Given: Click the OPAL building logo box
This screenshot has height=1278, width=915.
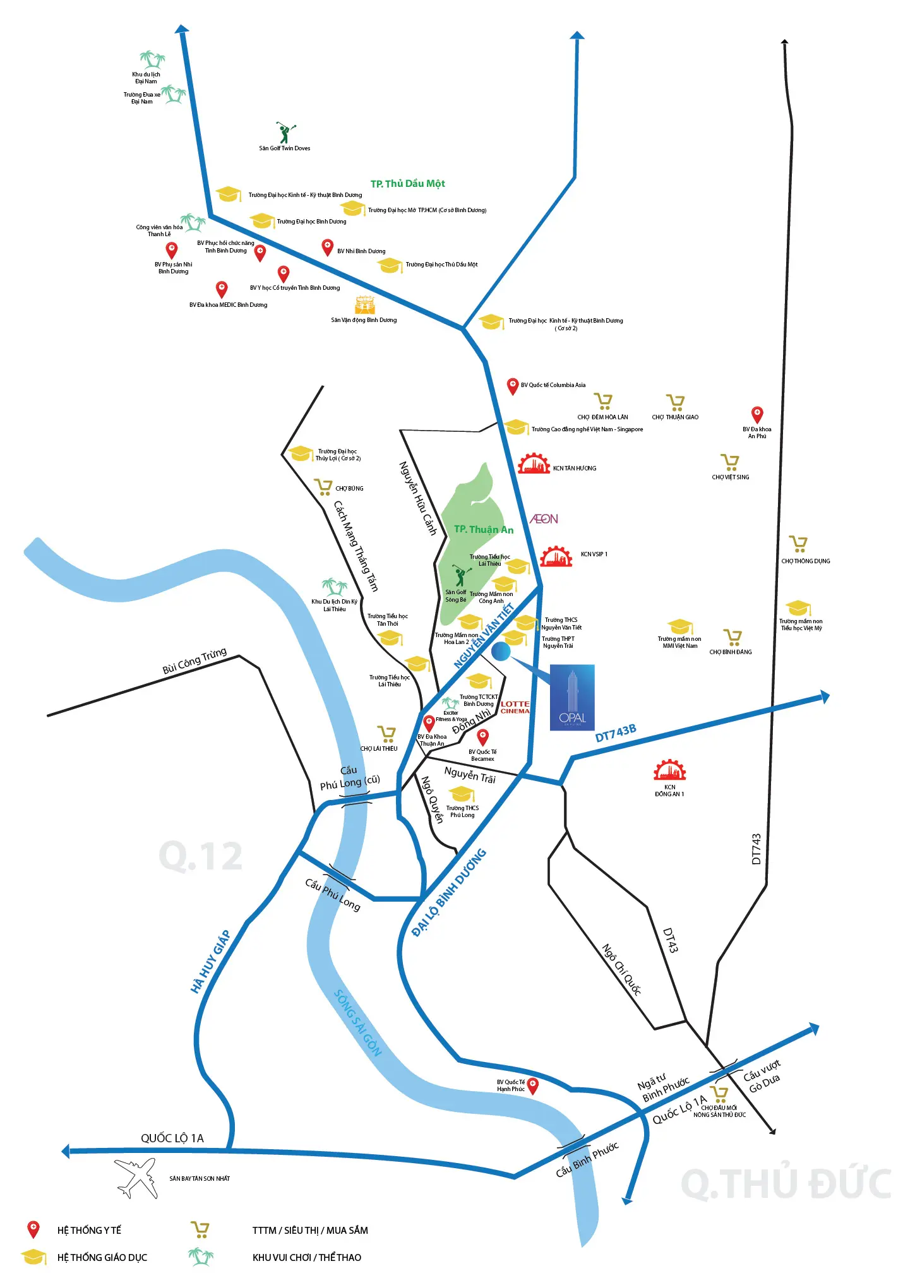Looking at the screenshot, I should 572,697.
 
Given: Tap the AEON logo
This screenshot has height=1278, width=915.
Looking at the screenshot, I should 544,519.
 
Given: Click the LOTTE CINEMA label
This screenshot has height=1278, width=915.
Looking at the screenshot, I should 515,707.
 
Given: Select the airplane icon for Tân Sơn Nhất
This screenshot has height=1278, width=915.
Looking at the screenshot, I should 136,1177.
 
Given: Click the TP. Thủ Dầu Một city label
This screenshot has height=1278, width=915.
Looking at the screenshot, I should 407,184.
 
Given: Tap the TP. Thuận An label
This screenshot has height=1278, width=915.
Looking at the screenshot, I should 484,530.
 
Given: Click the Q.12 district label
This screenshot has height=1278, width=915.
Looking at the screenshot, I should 201,856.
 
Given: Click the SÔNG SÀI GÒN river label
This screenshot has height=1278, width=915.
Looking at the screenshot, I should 358,1023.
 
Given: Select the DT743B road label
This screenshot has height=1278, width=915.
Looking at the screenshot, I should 616,733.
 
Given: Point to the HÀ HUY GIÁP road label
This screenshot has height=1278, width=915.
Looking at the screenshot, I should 210,962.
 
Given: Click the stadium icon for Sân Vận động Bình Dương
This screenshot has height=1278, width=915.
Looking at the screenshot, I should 365,305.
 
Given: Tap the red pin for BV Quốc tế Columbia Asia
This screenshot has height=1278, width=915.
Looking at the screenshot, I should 513,386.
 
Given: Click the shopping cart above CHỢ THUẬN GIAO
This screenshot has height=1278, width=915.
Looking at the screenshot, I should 676,402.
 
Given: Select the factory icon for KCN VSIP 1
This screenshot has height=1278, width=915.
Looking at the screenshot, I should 556,556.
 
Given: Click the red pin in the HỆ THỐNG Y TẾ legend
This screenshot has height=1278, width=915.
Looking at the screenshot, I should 33,1229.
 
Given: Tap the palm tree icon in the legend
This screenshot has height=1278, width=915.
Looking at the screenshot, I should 201,1257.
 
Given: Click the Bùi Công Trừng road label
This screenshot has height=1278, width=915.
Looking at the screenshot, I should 194,661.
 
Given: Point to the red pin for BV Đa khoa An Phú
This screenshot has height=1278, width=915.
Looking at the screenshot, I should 757,414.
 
